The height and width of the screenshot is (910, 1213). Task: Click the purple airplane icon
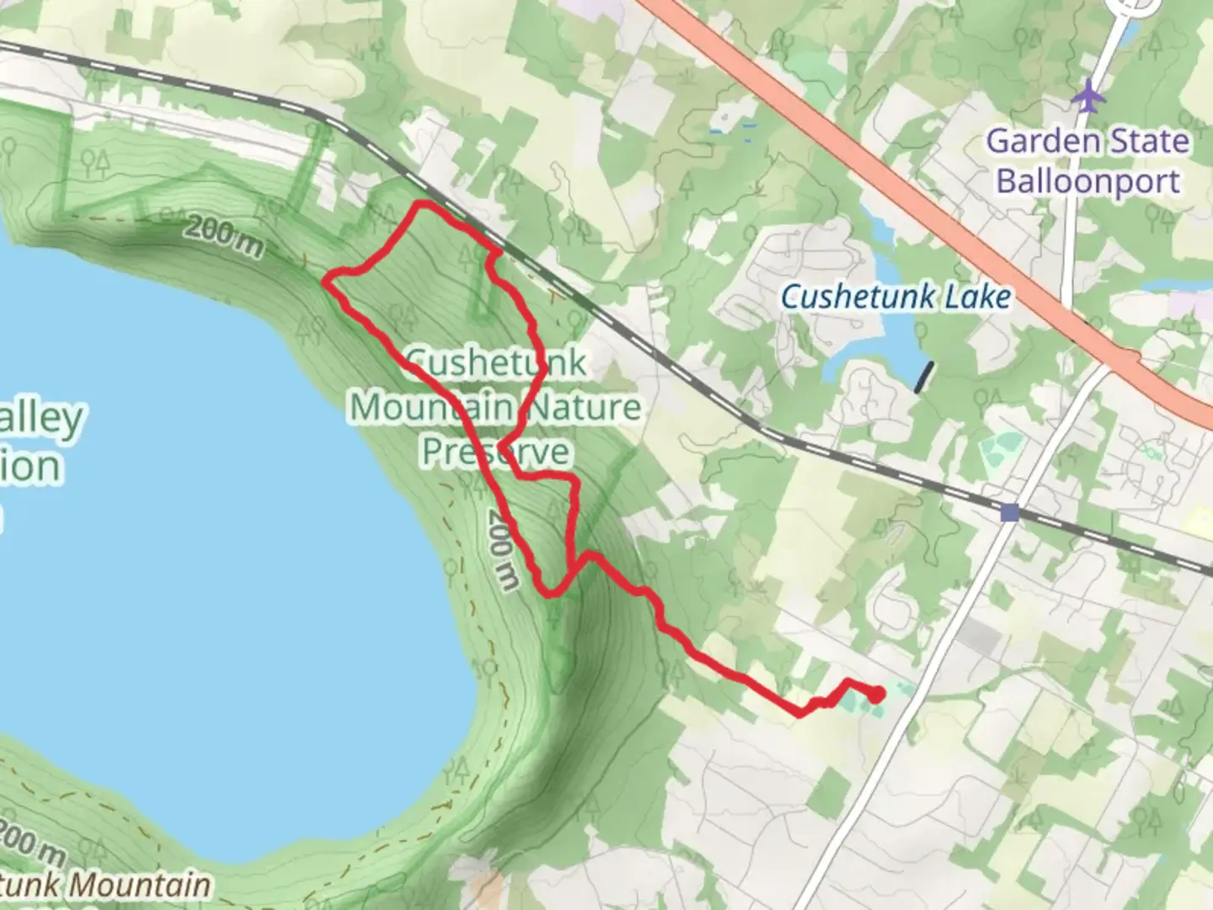coord(1088,95)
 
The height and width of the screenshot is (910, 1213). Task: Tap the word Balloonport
coord(1087,181)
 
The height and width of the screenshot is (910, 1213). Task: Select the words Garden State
coord(1087,141)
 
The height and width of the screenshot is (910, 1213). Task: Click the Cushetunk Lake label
coord(895,297)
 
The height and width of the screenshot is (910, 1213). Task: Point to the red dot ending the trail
coord(877,694)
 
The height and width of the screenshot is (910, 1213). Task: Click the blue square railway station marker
coord(1010,512)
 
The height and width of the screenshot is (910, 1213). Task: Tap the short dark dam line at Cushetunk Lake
coord(925,377)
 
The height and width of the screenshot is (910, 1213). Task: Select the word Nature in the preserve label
coord(581,408)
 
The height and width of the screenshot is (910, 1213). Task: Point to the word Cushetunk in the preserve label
coord(495,363)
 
